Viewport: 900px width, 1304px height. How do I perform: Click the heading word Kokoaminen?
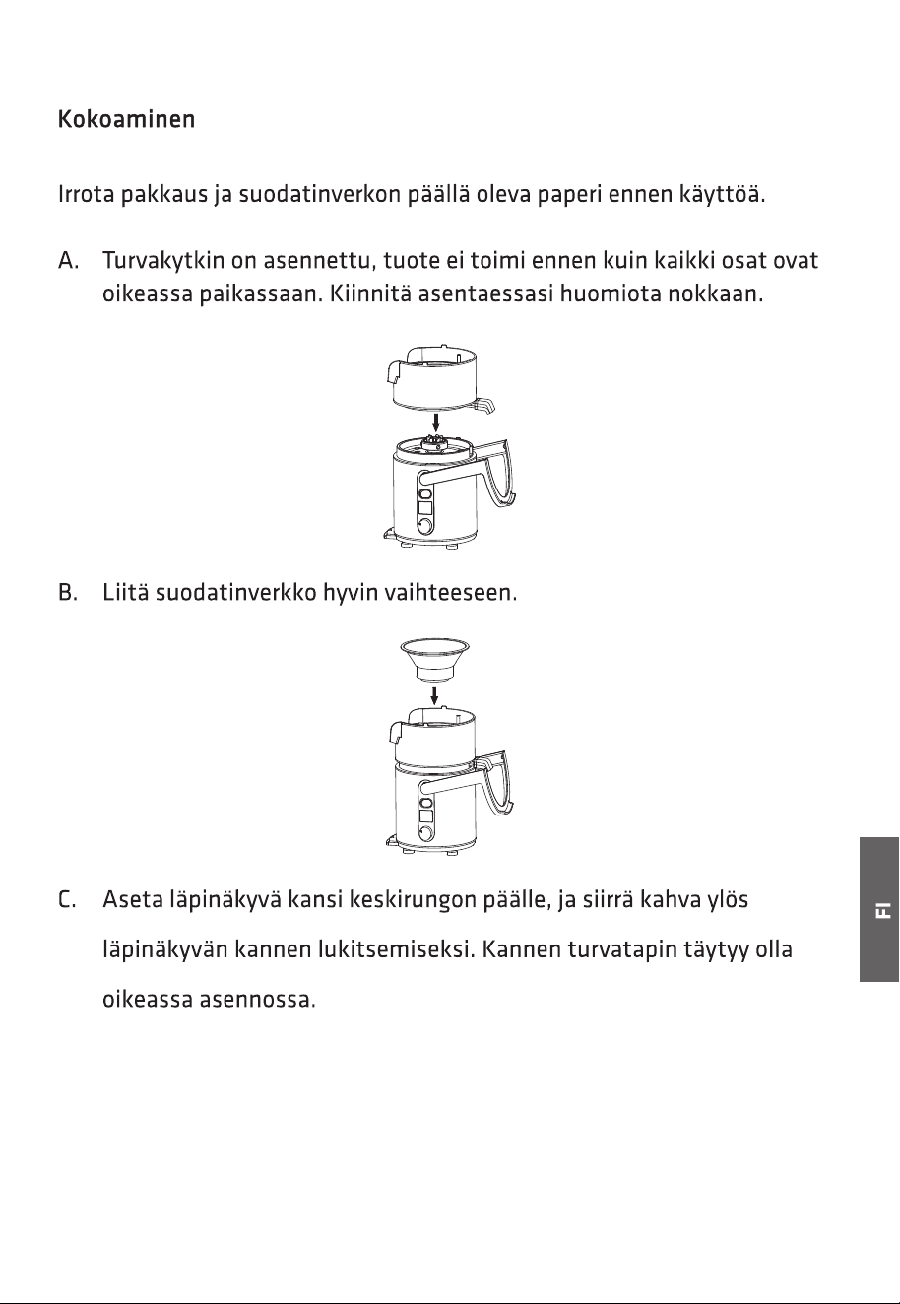click(126, 119)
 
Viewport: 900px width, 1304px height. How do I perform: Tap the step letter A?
click(68, 261)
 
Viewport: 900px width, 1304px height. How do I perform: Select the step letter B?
click(68, 593)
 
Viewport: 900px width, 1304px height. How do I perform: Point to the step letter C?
click(67, 899)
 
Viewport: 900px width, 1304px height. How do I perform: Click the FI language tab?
click(879, 909)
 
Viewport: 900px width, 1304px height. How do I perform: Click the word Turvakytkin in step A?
click(163, 261)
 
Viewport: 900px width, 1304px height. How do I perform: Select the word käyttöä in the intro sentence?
click(722, 194)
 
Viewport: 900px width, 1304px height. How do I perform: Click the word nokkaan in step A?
click(715, 293)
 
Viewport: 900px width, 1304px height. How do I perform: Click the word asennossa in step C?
click(257, 1000)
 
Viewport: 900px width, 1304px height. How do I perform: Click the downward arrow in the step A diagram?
click(435, 423)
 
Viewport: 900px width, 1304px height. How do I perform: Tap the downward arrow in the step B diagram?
click(434, 694)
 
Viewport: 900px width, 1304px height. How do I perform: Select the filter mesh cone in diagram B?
click(434, 659)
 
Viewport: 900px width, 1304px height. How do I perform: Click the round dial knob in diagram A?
click(425, 526)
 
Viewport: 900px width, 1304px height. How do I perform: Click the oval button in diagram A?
click(425, 494)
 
